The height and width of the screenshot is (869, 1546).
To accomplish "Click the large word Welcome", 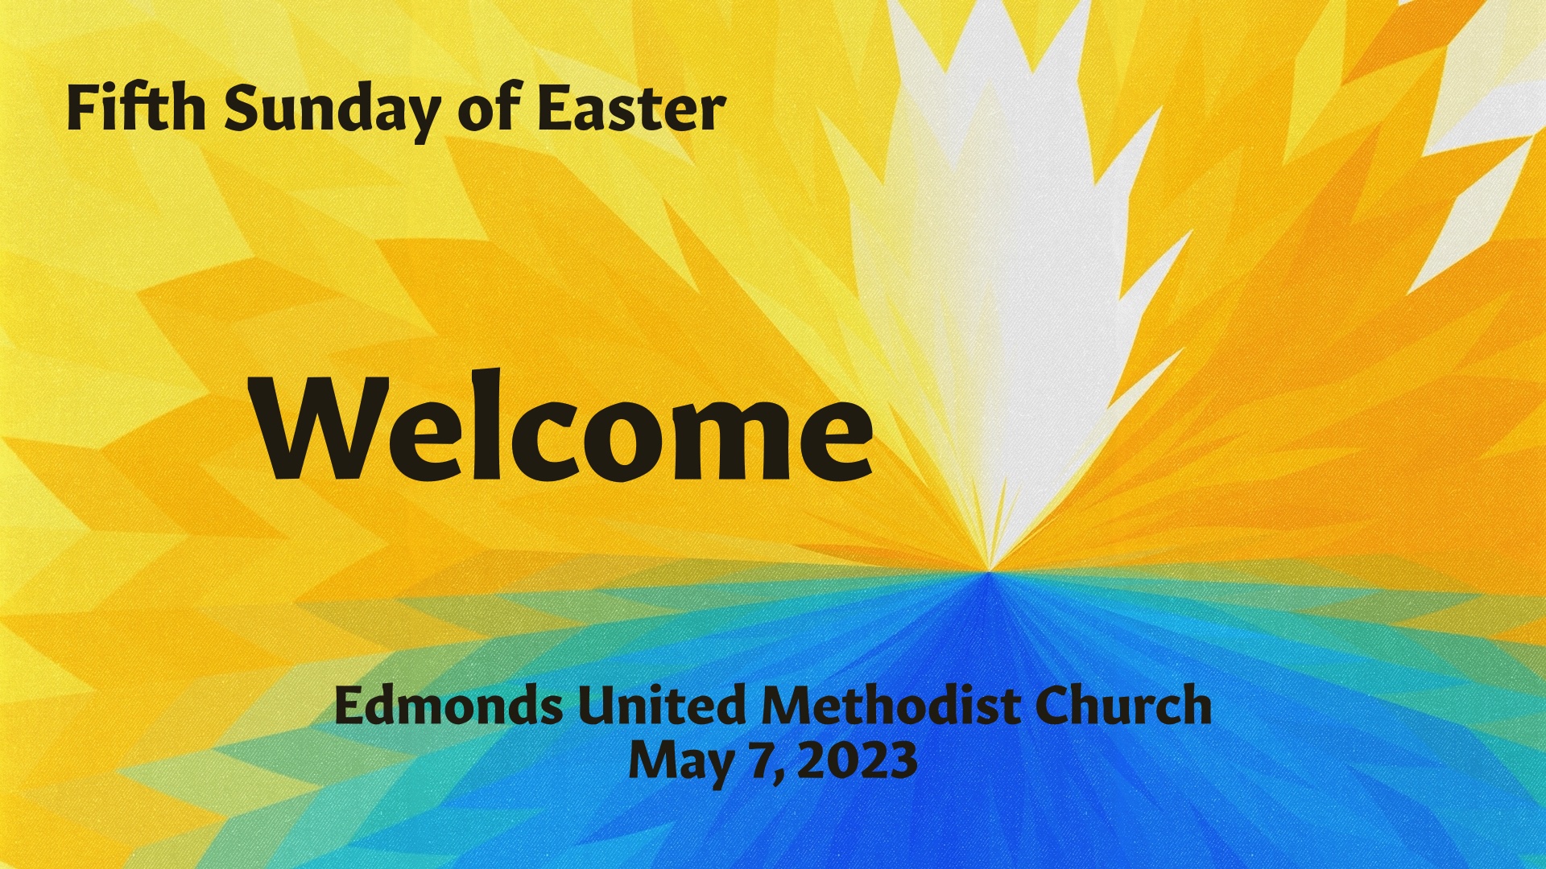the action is (x=563, y=426).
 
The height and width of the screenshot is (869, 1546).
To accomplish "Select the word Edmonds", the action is (x=449, y=705).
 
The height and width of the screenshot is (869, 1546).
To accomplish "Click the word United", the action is (x=662, y=705).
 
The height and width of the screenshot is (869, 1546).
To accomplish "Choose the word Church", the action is (x=1123, y=705).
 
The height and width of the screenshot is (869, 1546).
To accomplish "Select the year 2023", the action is (x=858, y=760).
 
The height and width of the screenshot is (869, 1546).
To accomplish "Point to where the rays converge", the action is (x=990, y=571).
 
